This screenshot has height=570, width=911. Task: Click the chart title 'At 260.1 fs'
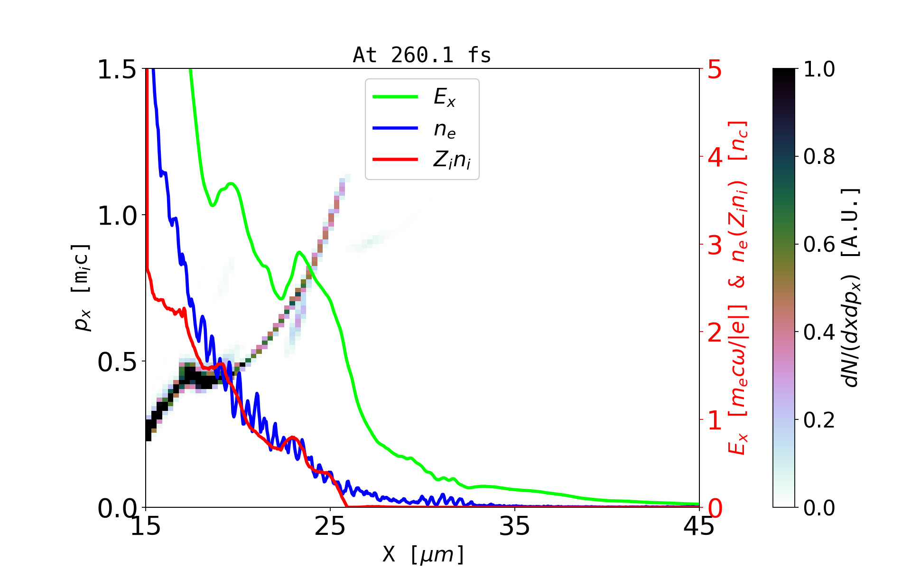coord(422,55)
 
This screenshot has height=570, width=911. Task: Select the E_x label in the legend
coord(445,97)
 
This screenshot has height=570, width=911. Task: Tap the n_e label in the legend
coord(445,129)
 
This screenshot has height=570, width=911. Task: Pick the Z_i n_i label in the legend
coord(452,160)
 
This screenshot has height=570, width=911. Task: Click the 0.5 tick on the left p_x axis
coord(117,362)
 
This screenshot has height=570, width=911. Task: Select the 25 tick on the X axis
coord(330,526)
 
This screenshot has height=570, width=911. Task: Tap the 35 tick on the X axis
coord(515,526)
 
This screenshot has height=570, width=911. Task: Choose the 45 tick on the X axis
coord(699,526)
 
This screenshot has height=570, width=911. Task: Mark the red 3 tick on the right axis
coord(715,245)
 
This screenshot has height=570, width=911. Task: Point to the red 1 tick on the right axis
coord(715,420)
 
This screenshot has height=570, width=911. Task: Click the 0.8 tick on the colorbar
coord(819,156)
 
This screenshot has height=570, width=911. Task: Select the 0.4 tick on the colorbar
coord(819,332)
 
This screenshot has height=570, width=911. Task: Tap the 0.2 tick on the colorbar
coord(819,420)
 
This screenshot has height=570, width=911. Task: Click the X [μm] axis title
coord(423,554)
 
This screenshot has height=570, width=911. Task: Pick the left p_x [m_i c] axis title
coord(82,287)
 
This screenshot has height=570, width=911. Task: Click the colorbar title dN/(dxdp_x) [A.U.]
coord(851,287)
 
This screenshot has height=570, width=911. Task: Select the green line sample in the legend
coord(395,97)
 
